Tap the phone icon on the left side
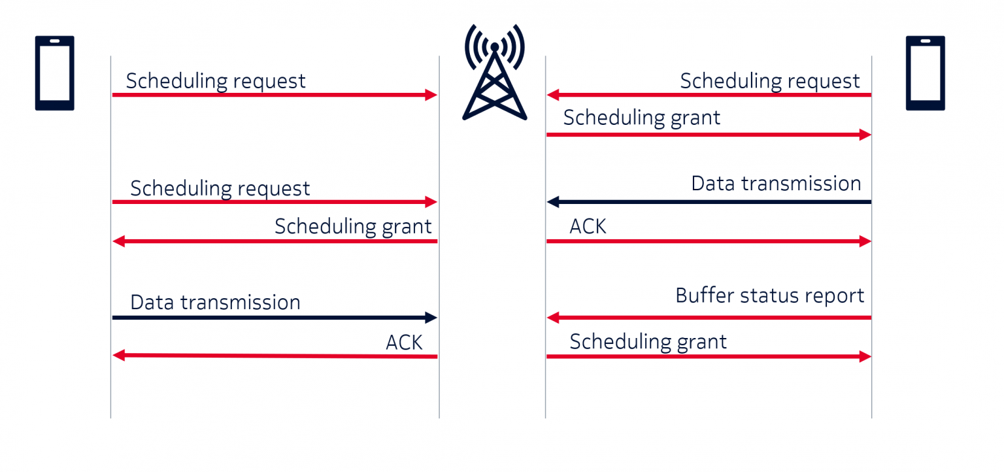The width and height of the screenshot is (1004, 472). (54, 73)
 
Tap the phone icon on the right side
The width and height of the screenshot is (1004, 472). (925, 73)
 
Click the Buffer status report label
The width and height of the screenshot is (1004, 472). (769, 295)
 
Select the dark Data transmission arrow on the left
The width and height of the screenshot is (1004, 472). (275, 318)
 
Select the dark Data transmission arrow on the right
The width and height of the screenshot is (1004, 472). (709, 202)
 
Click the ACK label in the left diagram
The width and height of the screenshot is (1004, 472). (404, 342)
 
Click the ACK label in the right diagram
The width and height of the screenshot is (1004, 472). (588, 226)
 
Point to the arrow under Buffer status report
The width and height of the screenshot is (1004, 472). (709, 318)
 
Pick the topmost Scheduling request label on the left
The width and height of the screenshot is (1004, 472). (216, 81)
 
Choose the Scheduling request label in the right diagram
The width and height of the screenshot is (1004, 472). (769, 81)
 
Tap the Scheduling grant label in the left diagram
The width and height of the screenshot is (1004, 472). (353, 226)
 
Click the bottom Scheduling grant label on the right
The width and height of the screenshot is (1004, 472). (648, 341)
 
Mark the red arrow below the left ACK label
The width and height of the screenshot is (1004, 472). (275, 356)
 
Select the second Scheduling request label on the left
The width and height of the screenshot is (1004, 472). (220, 188)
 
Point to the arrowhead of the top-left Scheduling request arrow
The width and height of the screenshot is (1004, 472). (431, 95)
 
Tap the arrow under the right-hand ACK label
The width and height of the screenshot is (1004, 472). (709, 242)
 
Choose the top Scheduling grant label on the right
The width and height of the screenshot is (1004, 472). (641, 118)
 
